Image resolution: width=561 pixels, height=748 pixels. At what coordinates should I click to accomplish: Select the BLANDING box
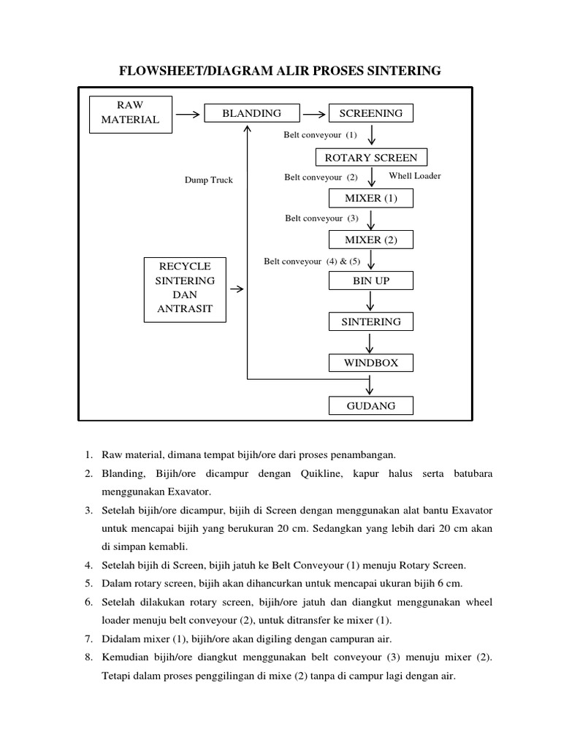tap(242, 113)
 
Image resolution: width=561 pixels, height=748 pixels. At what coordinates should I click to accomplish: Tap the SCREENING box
tap(371, 113)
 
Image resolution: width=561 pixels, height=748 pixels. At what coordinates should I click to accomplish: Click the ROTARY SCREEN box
tap(371, 157)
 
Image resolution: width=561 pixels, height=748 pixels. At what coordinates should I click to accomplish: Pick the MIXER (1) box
tap(371, 199)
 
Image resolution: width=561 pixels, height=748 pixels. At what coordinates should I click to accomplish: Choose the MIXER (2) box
tap(371, 240)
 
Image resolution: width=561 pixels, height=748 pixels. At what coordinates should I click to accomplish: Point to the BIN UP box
tap(371, 280)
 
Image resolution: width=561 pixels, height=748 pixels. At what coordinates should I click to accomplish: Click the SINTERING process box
tap(371, 321)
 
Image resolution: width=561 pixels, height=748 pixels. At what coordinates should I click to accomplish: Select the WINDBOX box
tap(371, 363)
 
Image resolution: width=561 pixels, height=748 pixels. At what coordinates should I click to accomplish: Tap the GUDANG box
tap(371, 405)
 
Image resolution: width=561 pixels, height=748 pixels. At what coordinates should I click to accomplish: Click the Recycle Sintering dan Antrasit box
tap(185, 289)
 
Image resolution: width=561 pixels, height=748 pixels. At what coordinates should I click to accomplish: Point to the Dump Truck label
tap(208, 180)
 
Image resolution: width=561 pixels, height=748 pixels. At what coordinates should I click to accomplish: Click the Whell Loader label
tap(415, 176)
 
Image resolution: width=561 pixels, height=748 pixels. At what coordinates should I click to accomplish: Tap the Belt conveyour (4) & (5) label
tap(312, 261)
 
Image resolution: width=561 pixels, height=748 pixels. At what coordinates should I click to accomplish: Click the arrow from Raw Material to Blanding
tap(188, 114)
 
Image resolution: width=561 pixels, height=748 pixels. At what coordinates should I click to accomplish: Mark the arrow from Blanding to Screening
tap(314, 114)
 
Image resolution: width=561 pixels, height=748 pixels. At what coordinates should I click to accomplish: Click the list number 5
tap(88, 583)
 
